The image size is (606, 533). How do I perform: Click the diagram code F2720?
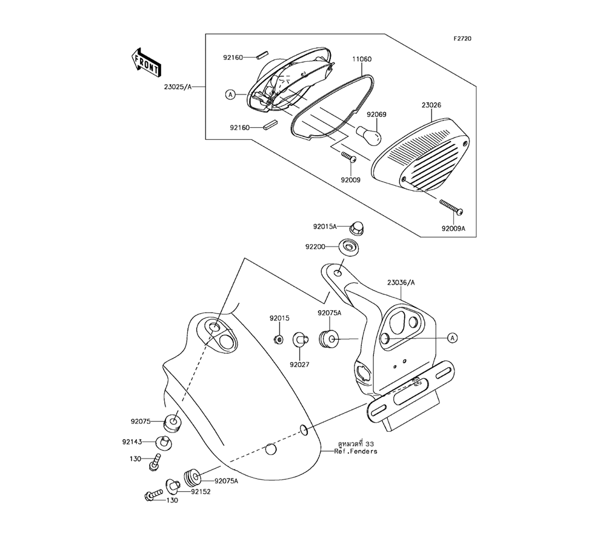coord(462,39)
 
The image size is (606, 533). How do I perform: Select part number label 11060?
coord(362,59)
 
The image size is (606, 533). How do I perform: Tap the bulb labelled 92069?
coord(368,134)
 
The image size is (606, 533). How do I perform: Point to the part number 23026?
coord(431,105)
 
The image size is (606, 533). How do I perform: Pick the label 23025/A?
coord(178,87)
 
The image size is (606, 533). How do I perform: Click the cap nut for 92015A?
coord(358,228)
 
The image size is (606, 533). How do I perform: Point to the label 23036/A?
coord(402,282)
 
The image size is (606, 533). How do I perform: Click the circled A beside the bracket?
coord(452,337)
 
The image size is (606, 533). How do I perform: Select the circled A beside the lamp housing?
coord(230,94)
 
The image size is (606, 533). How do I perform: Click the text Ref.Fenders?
coord(355,451)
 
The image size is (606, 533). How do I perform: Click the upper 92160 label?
coord(233,58)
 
